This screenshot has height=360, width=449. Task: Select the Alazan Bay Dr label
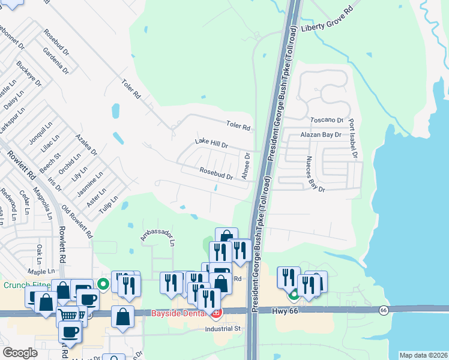point(321,136)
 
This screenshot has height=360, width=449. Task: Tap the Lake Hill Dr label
point(212,143)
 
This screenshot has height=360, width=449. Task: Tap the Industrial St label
point(222,328)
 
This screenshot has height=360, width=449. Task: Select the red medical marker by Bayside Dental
point(215,313)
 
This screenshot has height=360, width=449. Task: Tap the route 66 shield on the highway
point(383,310)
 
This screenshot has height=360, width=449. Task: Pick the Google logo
point(20,353)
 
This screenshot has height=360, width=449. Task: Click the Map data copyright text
point(423,355)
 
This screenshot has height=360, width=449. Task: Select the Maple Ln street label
point(41,272)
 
